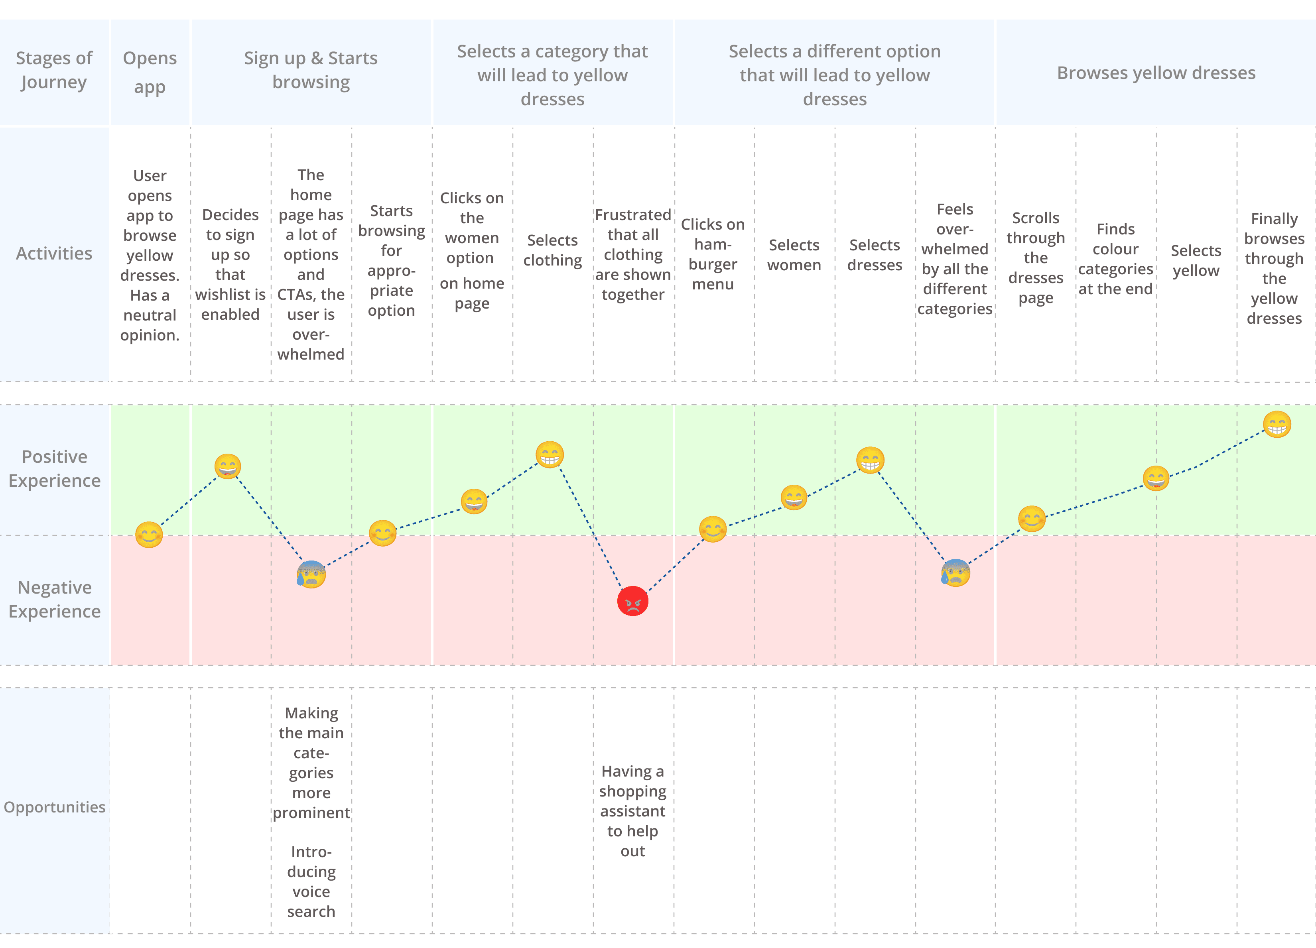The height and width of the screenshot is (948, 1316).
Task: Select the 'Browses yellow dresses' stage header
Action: point(1156,73)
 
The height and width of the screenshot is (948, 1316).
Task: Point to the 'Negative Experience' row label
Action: point(55,599)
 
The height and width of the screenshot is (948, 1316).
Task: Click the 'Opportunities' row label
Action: point(55,807)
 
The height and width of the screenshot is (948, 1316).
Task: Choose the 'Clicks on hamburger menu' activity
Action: point(713,254)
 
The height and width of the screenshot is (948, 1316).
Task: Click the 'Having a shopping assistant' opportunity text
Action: point(632,810)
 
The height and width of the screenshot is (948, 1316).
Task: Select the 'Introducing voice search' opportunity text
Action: point(311,881)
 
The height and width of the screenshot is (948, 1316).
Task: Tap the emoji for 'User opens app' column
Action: point(149,534)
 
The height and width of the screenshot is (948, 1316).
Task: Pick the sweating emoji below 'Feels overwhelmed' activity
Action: point(955,572)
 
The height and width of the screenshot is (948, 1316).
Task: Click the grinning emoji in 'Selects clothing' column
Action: point(550,454)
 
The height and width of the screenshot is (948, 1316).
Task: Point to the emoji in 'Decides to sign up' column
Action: point(227,466)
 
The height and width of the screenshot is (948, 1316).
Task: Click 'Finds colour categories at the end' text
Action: point(1115,259)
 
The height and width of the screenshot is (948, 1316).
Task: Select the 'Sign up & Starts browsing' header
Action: point(311,70)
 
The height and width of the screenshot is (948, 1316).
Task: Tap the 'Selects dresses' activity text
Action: point(875,255)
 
